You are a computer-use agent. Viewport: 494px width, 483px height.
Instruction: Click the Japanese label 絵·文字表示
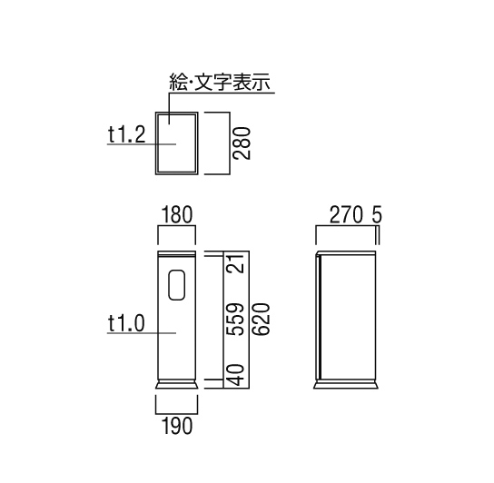(220, 83)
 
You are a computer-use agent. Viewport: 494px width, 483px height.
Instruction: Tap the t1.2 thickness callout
(126, 134)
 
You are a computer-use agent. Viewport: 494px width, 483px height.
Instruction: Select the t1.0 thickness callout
(126, 323)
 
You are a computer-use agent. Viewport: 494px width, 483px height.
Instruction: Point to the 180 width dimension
(177, 215)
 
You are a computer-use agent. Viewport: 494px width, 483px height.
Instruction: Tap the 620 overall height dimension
(262, 320)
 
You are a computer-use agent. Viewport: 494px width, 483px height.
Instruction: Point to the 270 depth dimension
(346, 215)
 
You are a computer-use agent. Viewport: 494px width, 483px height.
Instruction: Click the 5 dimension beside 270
(377, 215)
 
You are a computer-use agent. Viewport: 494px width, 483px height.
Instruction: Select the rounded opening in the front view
(177, 284)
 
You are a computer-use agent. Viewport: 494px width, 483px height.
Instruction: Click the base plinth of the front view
(177, 384)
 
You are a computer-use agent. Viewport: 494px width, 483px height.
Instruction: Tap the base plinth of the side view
(346, 384)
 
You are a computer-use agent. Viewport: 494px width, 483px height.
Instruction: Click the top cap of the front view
(177, 253)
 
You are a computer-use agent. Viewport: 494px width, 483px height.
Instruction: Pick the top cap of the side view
(346, 253)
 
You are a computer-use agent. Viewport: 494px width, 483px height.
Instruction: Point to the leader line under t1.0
(142, 332)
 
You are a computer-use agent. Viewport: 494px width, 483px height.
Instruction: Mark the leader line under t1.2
(142, 144)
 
